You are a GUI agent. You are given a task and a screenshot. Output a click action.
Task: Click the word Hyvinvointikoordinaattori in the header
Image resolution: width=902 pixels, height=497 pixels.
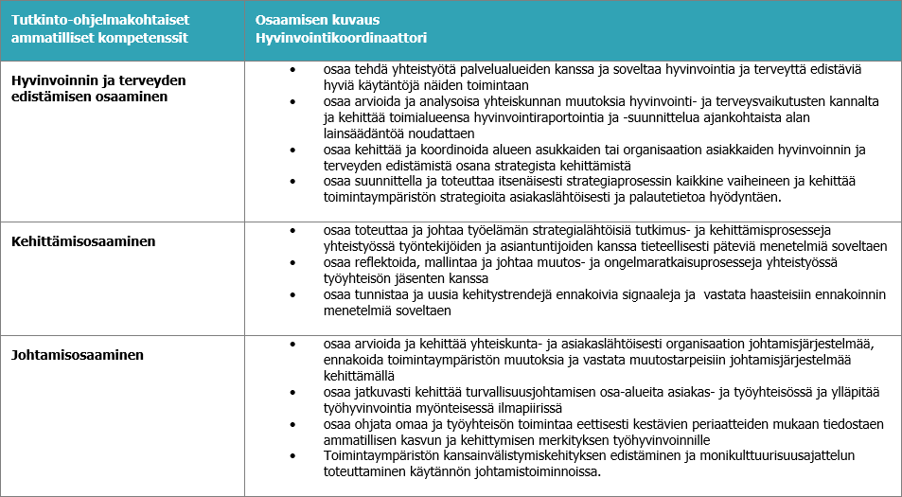341,38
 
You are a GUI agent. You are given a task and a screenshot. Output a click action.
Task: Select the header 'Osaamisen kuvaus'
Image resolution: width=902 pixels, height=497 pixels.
310,20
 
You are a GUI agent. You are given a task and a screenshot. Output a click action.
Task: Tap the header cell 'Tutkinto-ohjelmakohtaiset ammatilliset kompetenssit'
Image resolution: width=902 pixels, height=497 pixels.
99,29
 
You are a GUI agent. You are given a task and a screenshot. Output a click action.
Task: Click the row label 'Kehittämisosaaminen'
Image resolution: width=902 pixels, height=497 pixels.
83,241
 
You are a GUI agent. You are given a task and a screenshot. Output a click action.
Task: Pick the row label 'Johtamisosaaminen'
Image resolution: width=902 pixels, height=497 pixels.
77,356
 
